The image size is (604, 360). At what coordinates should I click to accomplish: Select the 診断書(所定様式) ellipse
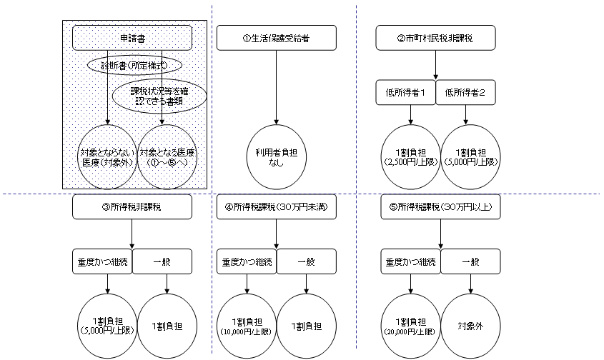pos(135,65)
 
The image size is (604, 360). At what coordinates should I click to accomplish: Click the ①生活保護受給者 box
pos(276,38)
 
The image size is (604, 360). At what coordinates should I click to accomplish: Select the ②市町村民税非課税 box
pos(436,38)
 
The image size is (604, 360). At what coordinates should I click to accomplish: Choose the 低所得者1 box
pos(405,92)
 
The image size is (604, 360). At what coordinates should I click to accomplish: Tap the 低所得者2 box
pos(466,92)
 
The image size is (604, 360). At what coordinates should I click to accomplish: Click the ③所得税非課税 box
pos(132,206)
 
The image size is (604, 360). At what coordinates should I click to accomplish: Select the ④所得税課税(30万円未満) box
pos(276,206)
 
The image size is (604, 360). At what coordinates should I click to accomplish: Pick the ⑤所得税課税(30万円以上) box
pos(440,206)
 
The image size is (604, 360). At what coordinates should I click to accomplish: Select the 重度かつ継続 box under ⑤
pos(410,261)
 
